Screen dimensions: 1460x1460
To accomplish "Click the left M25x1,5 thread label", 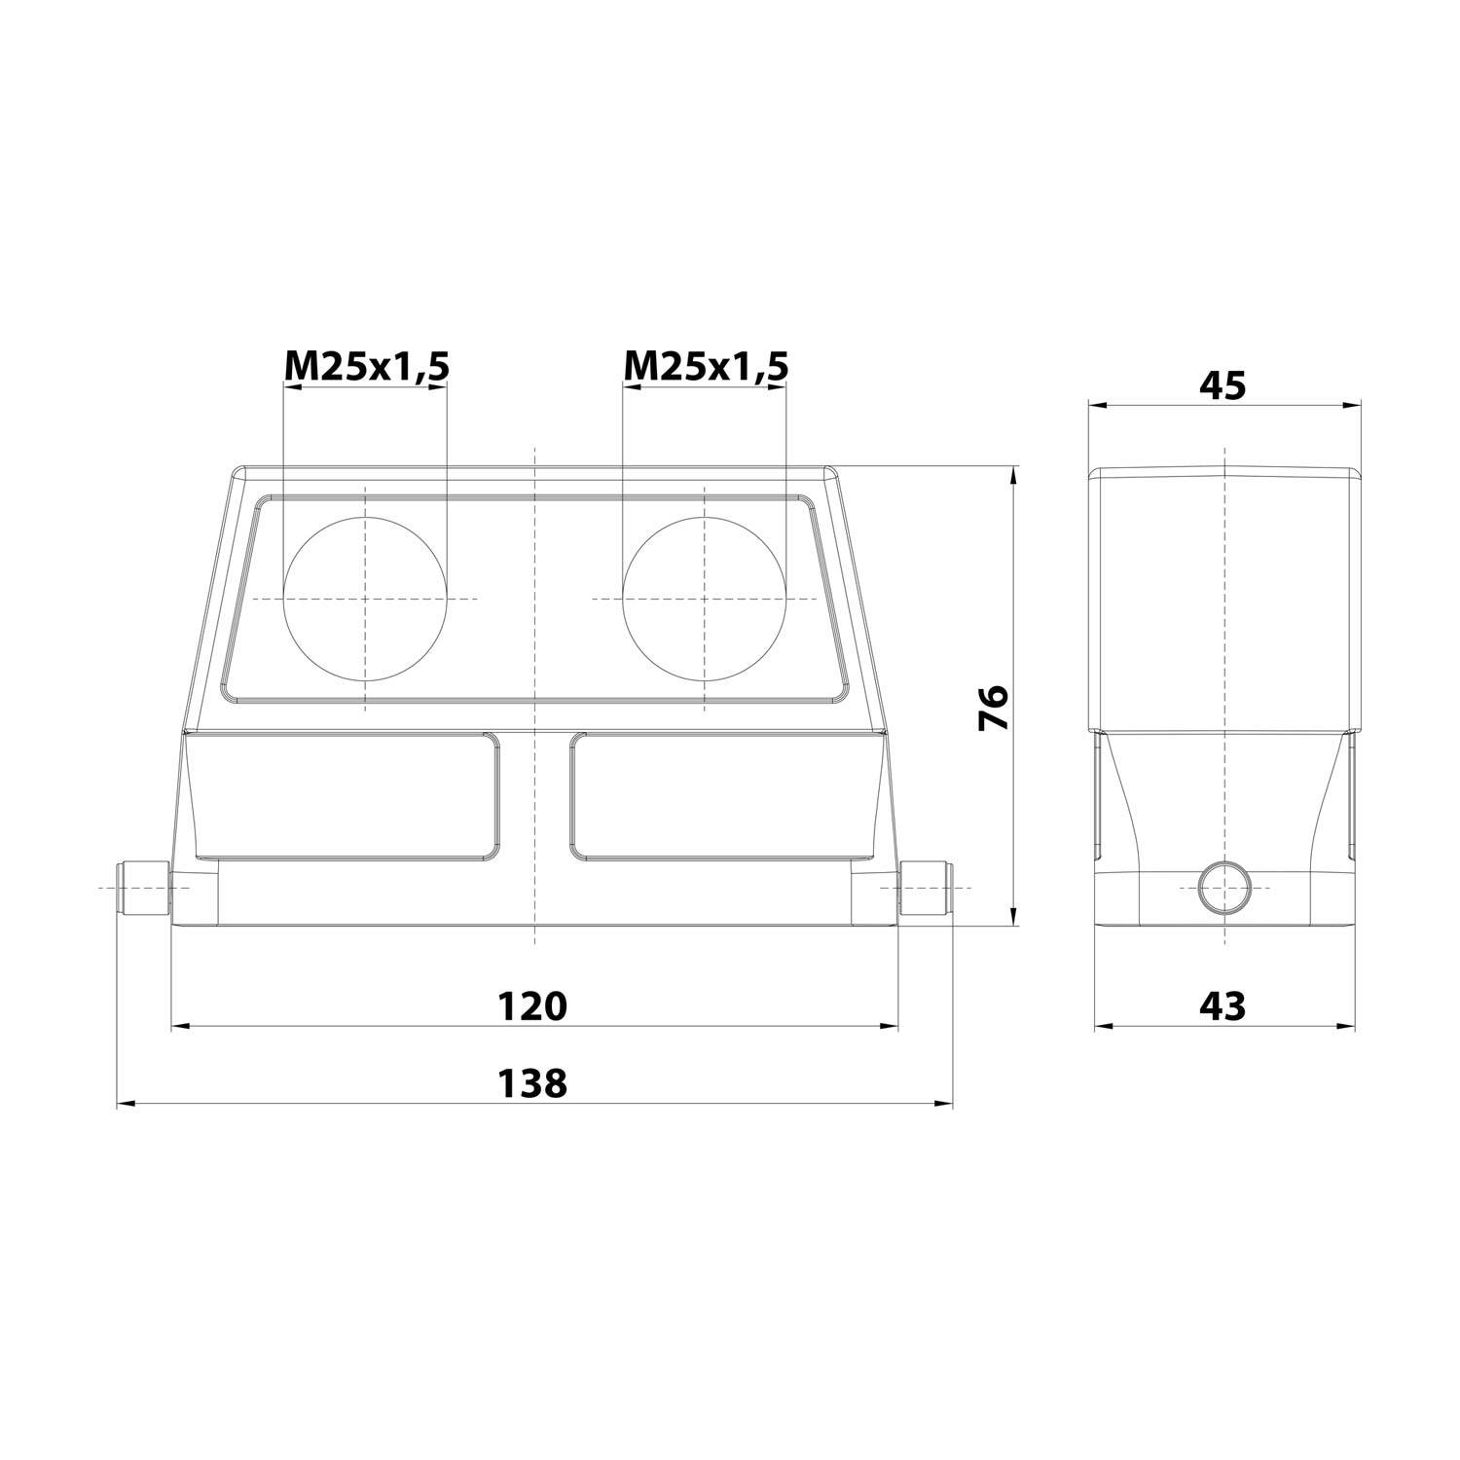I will coord(366,366).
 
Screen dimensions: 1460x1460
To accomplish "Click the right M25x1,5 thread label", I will coord(706,366).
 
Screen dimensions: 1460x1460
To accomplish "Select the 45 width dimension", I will coord(1223,385).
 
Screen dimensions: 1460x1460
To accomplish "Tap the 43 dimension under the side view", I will coord(1223,1005).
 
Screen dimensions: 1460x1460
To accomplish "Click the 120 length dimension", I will coord(531,1005).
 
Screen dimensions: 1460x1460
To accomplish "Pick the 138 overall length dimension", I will coord(531,1083).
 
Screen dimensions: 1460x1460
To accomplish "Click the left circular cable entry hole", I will coord(365,598).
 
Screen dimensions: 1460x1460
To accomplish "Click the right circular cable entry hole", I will coord(704,598).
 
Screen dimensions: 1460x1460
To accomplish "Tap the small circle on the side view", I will coord(1223,889).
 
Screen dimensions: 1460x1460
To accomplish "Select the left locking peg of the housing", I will coord(143,888).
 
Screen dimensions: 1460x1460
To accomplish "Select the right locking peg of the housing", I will coord(925,888).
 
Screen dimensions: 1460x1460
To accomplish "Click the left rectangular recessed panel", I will coord(346,796).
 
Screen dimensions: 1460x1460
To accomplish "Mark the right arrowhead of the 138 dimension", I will coord(944,1104).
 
